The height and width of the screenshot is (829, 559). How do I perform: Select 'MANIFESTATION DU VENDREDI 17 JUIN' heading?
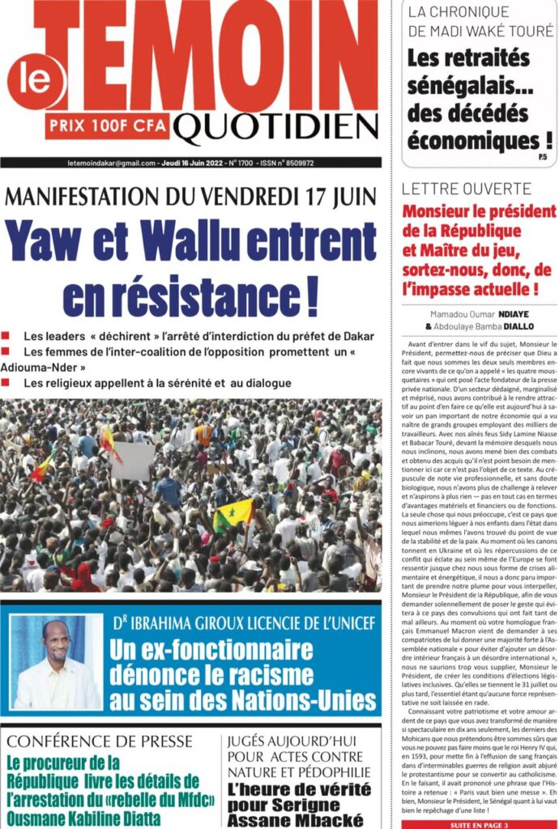point(191,196)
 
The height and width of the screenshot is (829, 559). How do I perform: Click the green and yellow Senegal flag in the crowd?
point(233,512)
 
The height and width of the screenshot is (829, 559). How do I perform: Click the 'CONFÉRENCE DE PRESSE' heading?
point(100,741)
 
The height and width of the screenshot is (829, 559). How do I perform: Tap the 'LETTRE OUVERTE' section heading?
point(470,189)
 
